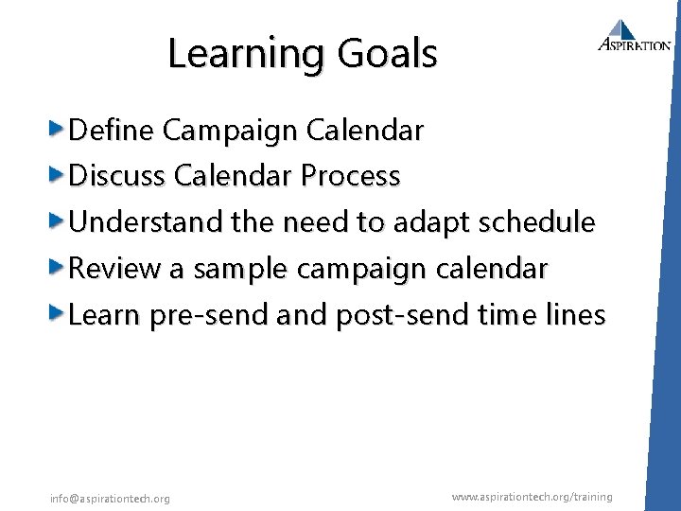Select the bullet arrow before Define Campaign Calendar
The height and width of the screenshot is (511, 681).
coord(58,129)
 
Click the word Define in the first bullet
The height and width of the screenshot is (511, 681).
coord(112,130)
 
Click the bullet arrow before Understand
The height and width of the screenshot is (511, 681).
coord(58,221)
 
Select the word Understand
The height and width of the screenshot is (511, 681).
coord(146,222)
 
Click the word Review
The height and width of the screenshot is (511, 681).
coord(115,269)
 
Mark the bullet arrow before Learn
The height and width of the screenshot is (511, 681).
coord(58,314)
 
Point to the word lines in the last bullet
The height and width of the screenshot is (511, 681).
coord(575,315)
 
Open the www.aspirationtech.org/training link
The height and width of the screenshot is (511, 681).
coord(532,497)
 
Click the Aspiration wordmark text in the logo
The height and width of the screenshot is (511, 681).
coord(635,44)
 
